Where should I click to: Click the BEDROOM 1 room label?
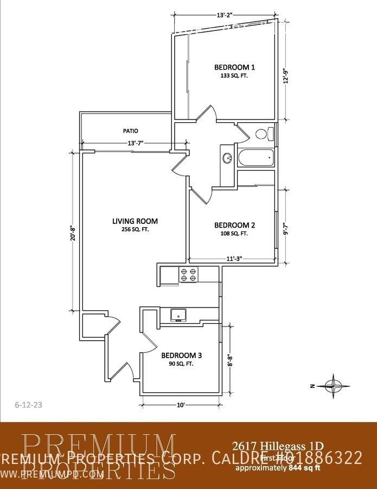coord(234,67)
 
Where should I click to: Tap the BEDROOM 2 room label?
coord(234,225)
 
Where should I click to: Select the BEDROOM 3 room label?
coord(181,355)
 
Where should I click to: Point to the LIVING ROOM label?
coord(135,221)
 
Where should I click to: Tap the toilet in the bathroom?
coord(261,134)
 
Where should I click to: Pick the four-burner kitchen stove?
coord(188,275)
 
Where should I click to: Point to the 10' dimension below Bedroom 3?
coord(181,405)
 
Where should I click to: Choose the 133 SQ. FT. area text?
coord(234,77)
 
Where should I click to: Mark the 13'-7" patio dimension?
coord(135,143)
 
